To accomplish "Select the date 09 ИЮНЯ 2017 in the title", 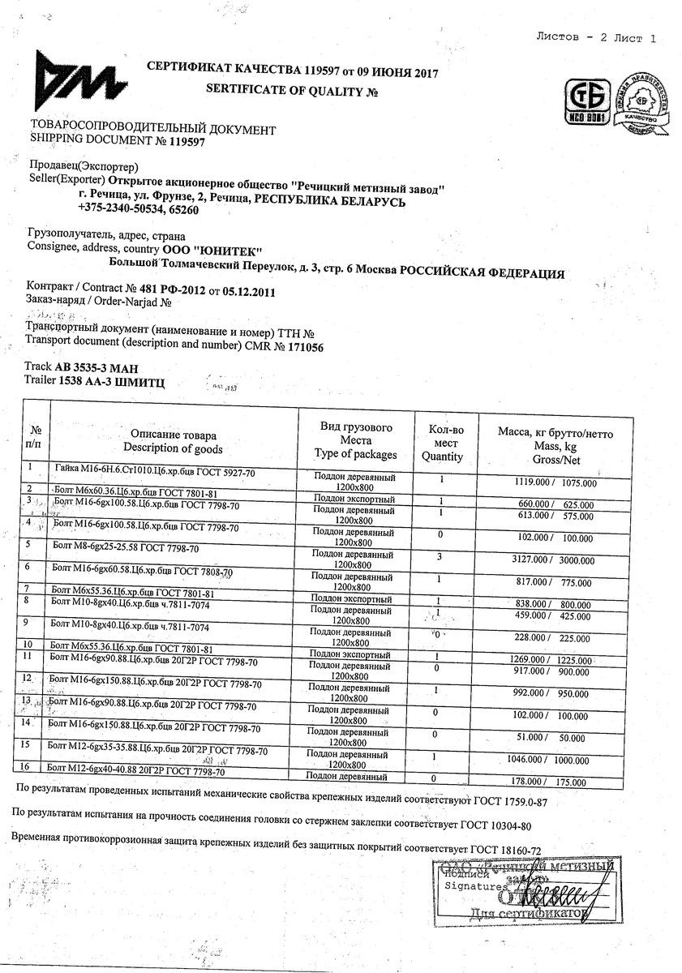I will pyautogui.click(x=392, y=74).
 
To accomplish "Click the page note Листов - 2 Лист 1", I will pyautogui.click(x=596, y=38).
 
